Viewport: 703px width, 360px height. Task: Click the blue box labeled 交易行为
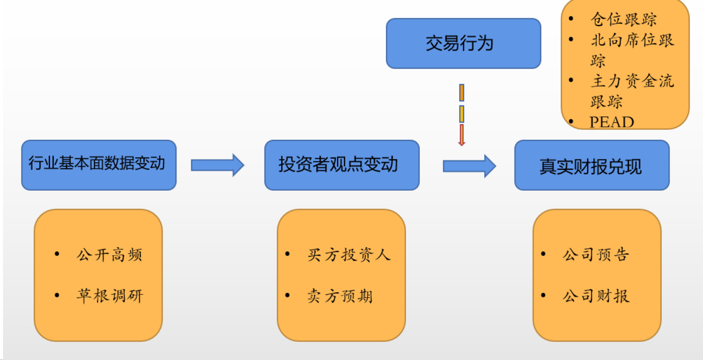[x=463, y=43]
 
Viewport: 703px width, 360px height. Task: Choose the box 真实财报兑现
[x=591, y=165]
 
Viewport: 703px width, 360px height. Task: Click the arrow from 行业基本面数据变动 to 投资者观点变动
[x=218, y=165]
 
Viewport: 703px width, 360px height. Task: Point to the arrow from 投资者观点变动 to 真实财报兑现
[x=469, y=166]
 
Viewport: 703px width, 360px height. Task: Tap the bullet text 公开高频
[x=109, y=255]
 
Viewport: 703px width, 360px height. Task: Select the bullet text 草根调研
[x=110, y=296]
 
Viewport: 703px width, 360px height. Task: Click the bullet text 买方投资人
[x=349, y=255]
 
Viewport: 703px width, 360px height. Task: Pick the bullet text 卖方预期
[x=340, y=296]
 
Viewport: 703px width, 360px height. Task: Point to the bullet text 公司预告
[x=596, y=255]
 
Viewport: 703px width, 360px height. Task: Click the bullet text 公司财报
[x=596, y=296]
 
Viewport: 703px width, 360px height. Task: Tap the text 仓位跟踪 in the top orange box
[x=623, y=19]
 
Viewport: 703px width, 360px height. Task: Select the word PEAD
[x=612, y=122]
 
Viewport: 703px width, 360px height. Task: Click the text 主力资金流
[x=632, y=81]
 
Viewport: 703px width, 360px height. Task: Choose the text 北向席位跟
[x=632, y=40]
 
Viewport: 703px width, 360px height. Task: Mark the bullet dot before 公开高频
[x=57, y=254]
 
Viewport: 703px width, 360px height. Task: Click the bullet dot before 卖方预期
[x=287, y=295]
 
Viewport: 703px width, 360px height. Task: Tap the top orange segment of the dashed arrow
[x=461, y=92]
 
